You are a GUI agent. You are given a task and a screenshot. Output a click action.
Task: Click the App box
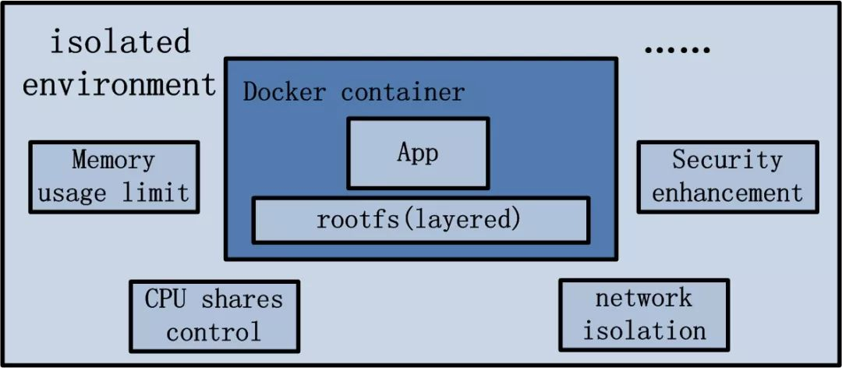pyautogui.click(x=418, y=153)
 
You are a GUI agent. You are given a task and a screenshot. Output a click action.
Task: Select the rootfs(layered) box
pyautogui.click(x=419, y=220)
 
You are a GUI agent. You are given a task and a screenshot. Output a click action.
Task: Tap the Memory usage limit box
pyautogui.click(x=115, y=177)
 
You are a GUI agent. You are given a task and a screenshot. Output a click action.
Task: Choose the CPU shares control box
pyautogui.click(x=214, y=316)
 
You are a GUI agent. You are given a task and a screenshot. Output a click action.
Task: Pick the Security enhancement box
pyautogui.click(x=727, y=177)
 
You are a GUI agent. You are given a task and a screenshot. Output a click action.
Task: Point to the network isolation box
pyautogui.click(x=644, y=314)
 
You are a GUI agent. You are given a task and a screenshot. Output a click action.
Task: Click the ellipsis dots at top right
pyautogui.click(x=677, y=49)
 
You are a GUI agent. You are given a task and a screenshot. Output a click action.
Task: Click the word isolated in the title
pyautogui.click(x=120, y=41)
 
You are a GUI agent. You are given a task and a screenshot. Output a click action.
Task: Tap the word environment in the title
pyautogui.click(x=119, y=84)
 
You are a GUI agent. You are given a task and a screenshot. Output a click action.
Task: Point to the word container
pyautogui.click(x=403, y=92)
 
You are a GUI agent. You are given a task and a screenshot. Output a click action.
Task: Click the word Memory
pyautogui.click(x=114, y=160)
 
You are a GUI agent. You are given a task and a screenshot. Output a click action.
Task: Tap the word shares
pyautogui.click(x=242, y=299)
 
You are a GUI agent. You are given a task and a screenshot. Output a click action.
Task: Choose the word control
pyautogui.click(x=214, y=333)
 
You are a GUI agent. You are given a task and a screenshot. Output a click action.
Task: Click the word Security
pyautogui.click(x=727, y=160)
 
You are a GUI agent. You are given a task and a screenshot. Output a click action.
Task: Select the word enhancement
pyautogui.click(x=727, y=193)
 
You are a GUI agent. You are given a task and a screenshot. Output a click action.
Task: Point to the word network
pyautogui.click(x=644, y=297)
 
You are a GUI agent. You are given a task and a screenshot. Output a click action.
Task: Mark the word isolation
pyautogui.click(x=644, y=331)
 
